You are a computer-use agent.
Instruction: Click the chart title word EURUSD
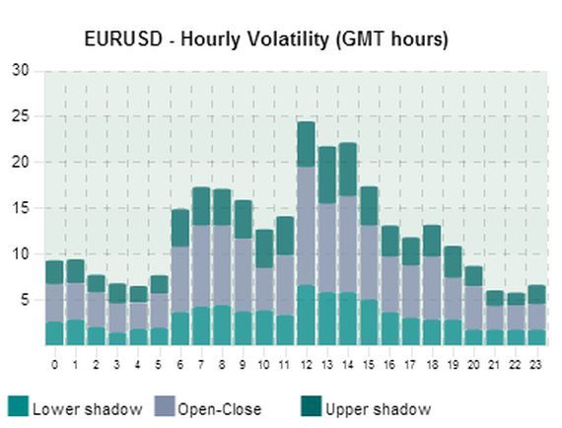123,38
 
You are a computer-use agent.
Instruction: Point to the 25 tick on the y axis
20,116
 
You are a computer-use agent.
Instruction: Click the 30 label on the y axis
20,70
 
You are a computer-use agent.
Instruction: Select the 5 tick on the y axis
24,300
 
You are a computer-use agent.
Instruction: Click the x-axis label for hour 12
306,365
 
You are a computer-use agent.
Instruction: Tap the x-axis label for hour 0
54,365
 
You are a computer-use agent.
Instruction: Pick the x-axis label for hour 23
536,365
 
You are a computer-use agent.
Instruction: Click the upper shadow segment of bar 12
306,144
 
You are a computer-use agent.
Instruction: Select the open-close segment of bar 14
348,245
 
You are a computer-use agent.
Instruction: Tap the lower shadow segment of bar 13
327,319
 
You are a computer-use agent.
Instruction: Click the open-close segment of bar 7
201,266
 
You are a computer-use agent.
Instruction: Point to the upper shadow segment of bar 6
180,228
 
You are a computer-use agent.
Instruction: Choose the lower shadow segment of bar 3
117,339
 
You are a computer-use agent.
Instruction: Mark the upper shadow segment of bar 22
516,299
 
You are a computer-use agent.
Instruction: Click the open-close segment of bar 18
432,288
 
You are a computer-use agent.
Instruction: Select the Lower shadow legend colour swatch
18,406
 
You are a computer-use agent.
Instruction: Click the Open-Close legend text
220,409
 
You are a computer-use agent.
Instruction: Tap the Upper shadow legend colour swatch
312,406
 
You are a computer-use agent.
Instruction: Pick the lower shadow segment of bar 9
244,328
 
